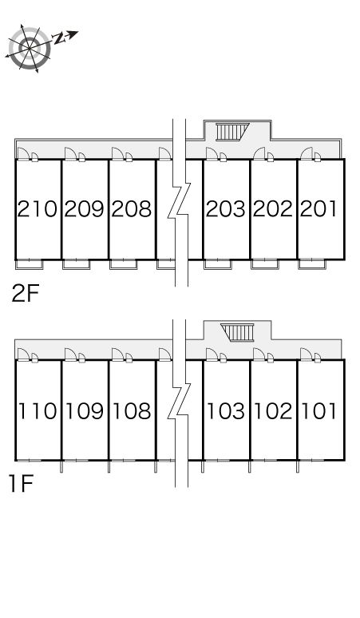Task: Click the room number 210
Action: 37,209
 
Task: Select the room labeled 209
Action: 85,209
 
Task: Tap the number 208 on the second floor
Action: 131,209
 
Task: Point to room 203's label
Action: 226,209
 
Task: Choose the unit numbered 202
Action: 273,209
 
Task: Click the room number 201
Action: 318,209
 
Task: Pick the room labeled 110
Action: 38,410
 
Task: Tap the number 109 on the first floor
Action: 85,410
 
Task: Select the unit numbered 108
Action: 132,410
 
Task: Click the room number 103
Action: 226,410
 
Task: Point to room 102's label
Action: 273,410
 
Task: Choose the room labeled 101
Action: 319,410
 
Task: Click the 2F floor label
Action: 26,293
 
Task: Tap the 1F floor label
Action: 21,484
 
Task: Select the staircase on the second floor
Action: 233,132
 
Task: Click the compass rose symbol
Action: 30,49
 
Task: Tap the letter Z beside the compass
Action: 59,38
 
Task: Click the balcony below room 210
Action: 30,264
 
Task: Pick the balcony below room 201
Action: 312,264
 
